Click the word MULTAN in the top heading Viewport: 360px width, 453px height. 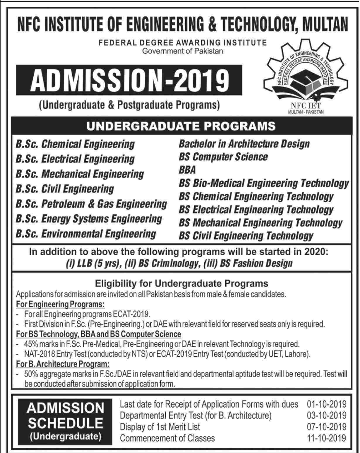point(325,24)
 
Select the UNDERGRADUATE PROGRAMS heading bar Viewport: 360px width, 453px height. point(181,126)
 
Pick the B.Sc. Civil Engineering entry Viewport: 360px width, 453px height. point(65,189)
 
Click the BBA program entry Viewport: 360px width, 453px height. point(187,170)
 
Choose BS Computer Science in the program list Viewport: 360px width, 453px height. point(223,157)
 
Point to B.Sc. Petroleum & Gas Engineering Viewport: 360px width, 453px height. point(91,204)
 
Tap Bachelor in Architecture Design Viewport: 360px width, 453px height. point(244,144)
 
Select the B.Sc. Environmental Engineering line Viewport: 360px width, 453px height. point(86,234)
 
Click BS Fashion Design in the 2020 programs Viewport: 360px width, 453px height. point(256,263)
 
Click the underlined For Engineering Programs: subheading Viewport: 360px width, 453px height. point(60,304)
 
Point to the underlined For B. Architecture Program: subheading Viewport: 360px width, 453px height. point(63,364)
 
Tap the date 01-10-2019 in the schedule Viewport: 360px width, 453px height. point(327,404)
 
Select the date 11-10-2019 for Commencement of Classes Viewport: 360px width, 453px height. point(327,438)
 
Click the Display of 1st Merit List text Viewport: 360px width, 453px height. point(160,427)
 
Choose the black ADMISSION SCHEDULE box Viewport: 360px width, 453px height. point(65,422)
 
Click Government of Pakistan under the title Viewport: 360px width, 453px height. point(182,51)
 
